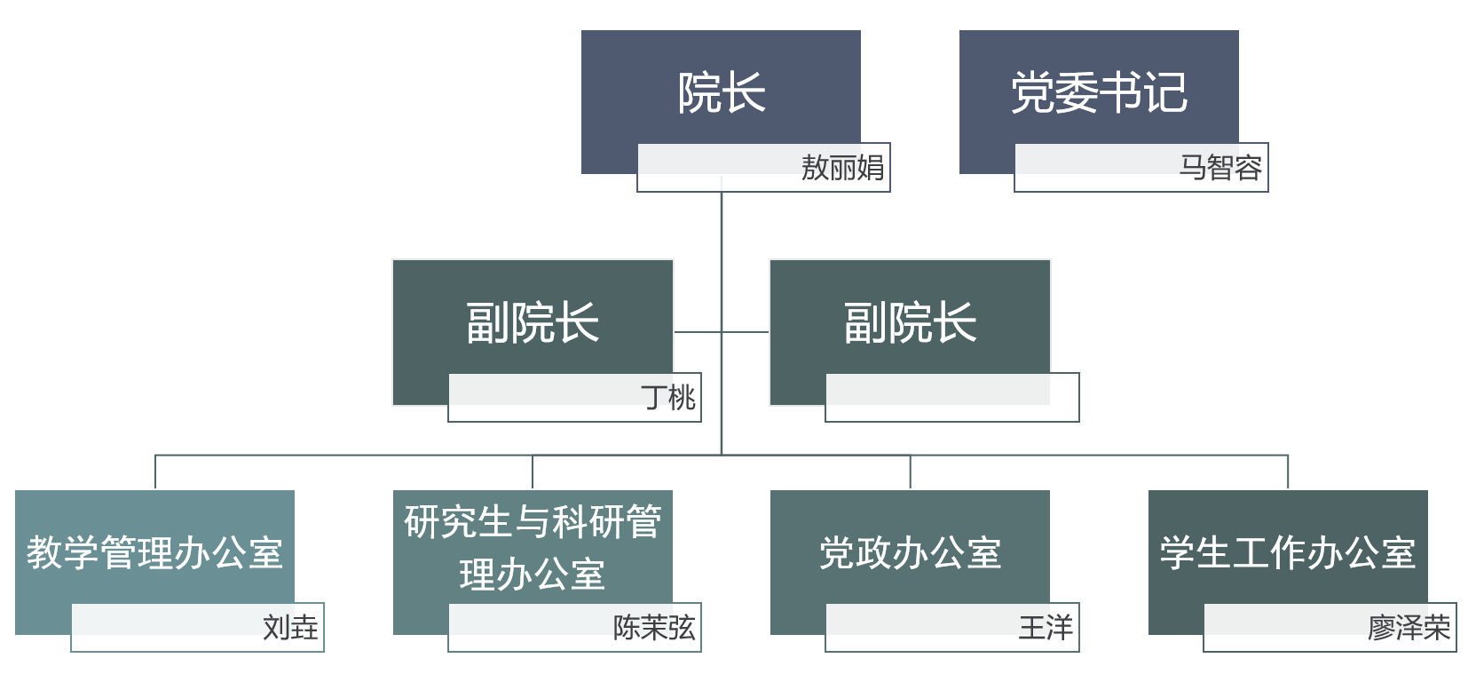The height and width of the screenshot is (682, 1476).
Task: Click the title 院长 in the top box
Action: tap(721, 92)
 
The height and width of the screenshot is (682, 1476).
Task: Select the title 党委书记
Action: tap(1099, 92)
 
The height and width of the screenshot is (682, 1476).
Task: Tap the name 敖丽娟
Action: tap(841, 167)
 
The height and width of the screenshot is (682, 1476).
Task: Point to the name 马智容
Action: tap(1219, 167)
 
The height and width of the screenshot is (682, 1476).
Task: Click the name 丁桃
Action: tap(668, 397)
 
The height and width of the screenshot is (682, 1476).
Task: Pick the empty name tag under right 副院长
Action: tap(951, 397)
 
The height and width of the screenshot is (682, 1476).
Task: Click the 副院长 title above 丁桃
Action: tap(533, 322)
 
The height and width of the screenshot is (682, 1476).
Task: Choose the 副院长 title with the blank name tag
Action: tap(910, 322)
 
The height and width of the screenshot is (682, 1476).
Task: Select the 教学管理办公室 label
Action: tap(154, 552)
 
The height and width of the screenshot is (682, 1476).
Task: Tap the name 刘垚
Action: tap(290, 627)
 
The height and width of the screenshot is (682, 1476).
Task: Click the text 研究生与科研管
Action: tap(533, 522)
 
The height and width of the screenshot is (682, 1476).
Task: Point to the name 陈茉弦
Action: tap(654, 627)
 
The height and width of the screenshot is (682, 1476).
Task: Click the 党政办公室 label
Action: tap(910, 552)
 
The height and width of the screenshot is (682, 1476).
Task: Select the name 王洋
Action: tap(1046, 627)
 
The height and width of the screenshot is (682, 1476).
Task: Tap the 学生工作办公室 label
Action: tap(1287, 552)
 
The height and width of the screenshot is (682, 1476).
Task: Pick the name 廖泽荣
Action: tap(1409, 627)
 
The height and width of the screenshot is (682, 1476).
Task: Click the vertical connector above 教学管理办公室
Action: tap(155, 472)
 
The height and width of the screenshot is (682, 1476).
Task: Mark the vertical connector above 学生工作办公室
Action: tap(1288, 472)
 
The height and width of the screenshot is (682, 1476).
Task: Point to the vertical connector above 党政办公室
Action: tap(910, 472)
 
